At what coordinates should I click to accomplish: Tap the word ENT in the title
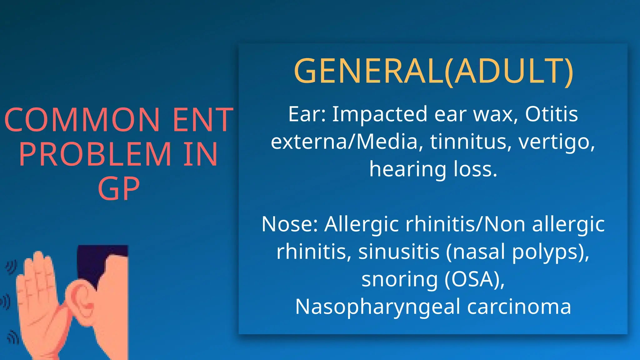[203, 120]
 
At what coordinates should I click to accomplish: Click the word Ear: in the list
[307, 114]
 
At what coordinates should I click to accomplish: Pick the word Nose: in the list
[290, 224]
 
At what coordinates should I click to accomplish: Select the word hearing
[407, 170]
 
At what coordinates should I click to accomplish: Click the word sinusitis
[399, 252]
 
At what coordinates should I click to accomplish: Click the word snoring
[400, 280]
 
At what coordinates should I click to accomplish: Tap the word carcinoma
[519, 307]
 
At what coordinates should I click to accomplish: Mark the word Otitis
[551, 114]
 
